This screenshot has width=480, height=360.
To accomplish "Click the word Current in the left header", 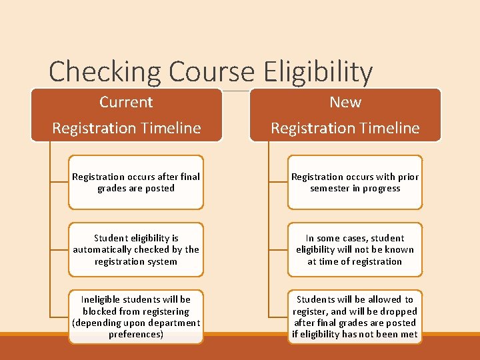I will (126, 102).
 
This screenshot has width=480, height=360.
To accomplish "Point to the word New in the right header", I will (345, 102).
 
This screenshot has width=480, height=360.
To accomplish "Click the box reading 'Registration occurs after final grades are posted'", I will (136, 182).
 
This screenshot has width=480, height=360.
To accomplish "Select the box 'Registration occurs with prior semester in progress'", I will (355, 182).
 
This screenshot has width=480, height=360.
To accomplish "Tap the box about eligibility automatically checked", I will (136, 249).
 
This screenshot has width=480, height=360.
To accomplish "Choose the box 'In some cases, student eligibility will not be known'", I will (355, 249).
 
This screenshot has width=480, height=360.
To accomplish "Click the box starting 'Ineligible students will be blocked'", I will (136, 317).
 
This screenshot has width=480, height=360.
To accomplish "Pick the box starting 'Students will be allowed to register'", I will (355, 317).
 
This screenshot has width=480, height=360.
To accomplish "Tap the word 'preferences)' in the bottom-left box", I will (136, 334).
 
